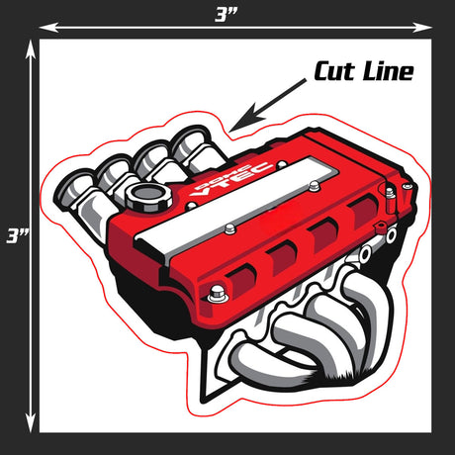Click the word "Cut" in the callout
(334, 71)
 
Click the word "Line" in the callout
(388, 71)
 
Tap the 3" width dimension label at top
(227, 15)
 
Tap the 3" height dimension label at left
(17, 236)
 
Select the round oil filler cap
(148, 197)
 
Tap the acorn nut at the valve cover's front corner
(217, 293)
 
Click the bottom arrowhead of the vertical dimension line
(31, 422)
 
